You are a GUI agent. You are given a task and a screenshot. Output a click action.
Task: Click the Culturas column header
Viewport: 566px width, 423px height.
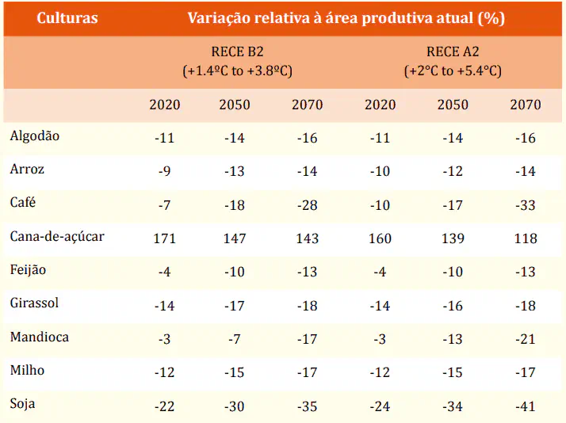(67, 17)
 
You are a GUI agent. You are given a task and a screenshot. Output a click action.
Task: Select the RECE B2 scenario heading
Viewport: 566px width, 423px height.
(237, 53)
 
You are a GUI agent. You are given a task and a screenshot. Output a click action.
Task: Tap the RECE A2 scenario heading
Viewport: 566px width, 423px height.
(453, 53)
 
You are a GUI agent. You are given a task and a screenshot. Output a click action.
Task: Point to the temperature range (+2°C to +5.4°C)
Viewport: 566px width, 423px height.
(453, 71)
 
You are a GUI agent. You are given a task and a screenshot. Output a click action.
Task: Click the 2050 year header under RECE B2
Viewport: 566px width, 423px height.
(235, 105)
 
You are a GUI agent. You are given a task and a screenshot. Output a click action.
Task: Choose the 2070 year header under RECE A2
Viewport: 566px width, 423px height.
(525, 105)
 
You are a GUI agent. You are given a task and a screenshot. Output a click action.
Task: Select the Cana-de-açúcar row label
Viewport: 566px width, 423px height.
(57, 236)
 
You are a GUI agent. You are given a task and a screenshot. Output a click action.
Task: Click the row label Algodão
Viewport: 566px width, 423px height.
(35, 135)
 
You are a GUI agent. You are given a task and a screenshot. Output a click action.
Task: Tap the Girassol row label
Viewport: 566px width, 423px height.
(34, 303)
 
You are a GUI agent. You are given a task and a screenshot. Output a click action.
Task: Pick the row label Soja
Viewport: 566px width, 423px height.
(22, 404)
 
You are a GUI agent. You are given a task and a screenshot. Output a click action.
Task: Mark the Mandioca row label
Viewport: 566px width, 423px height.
(39, 337)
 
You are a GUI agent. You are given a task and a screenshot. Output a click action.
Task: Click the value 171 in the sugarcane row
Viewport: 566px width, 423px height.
(164, 238)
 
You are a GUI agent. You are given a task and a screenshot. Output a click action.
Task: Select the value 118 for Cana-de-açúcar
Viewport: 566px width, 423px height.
(525, 238)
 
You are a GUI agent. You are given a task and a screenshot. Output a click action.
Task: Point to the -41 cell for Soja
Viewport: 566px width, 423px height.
(525, 406)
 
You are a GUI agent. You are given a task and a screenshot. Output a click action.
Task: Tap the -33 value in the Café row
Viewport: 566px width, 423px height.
(525, 205)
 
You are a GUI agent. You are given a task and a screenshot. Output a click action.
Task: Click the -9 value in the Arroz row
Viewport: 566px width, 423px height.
(164, 171)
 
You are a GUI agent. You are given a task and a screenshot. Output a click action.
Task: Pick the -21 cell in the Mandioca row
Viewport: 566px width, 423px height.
(525, 339)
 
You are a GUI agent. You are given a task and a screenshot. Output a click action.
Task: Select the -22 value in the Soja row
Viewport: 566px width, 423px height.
(164, 406)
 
